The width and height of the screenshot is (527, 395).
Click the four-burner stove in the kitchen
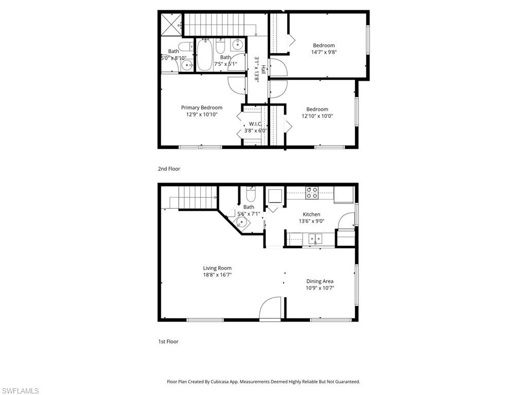point(312,193)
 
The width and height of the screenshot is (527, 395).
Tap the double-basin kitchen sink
point(314,239)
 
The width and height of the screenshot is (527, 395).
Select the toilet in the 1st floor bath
point(251,194)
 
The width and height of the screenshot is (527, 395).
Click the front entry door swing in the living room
point(271,309)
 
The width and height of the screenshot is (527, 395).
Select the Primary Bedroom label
point(202,107)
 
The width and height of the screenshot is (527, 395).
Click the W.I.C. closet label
point(256,123)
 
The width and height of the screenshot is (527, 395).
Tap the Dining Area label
point(320,281)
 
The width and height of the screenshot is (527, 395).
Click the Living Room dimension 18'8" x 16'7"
point(217,275)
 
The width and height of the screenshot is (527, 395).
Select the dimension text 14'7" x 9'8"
point(324,52)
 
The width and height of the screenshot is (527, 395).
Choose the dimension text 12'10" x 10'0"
point(317,116)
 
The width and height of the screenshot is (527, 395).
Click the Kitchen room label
point(311,214)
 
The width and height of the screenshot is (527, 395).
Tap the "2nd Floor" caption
point(169,169)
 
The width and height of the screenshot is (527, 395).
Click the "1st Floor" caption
point(168,342)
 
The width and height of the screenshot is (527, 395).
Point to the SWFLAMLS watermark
point(20,391)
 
